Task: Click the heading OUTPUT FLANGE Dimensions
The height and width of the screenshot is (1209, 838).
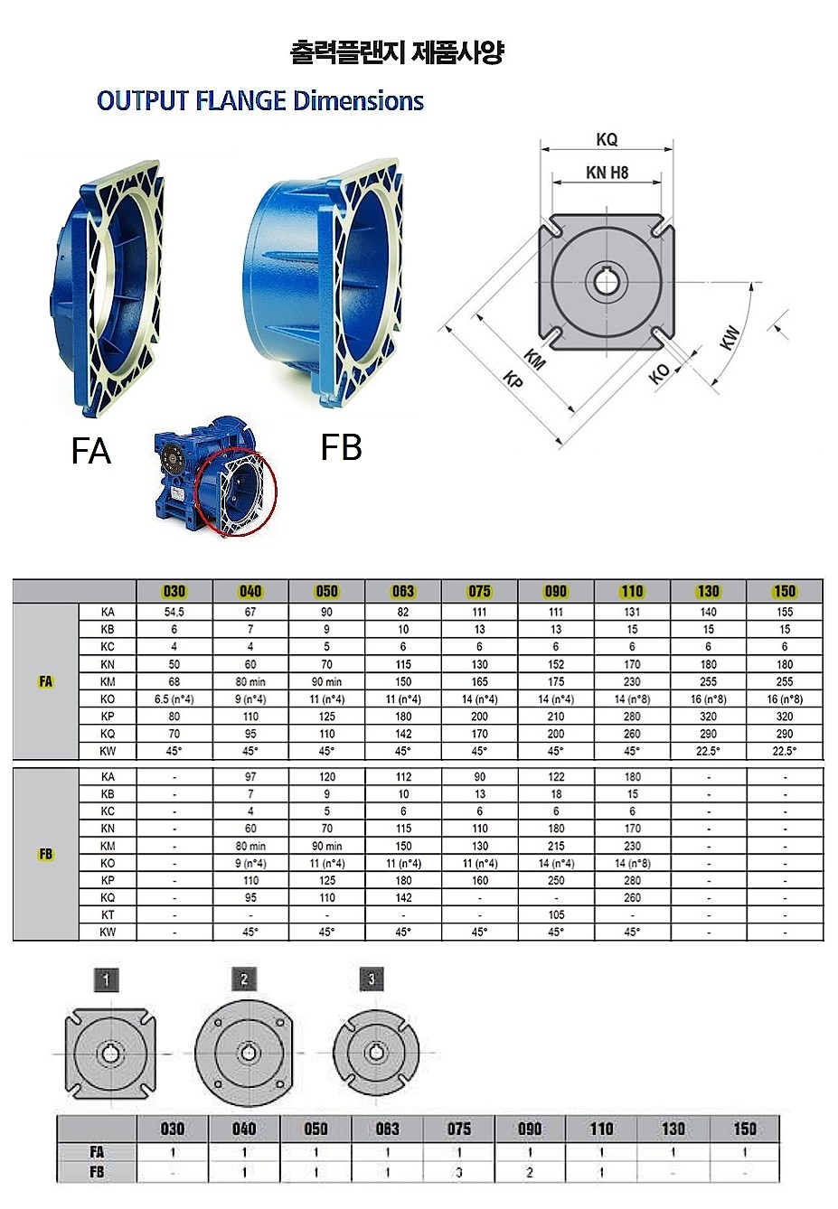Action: tap(260, 100)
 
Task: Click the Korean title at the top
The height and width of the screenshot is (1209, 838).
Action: tap(396, 52)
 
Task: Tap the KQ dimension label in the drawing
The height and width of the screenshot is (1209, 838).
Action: tap(607, 140)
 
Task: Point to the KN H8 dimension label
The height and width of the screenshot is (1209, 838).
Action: tap(607, 172)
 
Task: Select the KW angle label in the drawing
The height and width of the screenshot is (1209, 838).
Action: tap(730, 338)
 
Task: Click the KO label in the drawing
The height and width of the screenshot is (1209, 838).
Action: tap(660, 373)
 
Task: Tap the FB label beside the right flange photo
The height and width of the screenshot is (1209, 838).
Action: tap(341, 447)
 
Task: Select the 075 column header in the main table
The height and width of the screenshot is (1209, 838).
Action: tap(479, 592)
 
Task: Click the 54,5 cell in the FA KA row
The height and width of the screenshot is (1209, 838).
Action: tap(174, 612)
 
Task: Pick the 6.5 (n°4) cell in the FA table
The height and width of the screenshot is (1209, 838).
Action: tap(174, 699)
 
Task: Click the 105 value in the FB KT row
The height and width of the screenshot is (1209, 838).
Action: tap(556, 914)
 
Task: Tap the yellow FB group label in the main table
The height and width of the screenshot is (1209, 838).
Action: tap(46, 854)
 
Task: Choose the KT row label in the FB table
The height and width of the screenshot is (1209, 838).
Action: tap(108, 914)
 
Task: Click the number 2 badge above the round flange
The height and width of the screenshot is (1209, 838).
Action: tap(244, 979)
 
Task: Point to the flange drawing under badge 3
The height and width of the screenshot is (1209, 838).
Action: tap(376, 1053)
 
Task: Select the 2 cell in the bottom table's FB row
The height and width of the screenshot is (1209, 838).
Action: tap(530, 1173)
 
